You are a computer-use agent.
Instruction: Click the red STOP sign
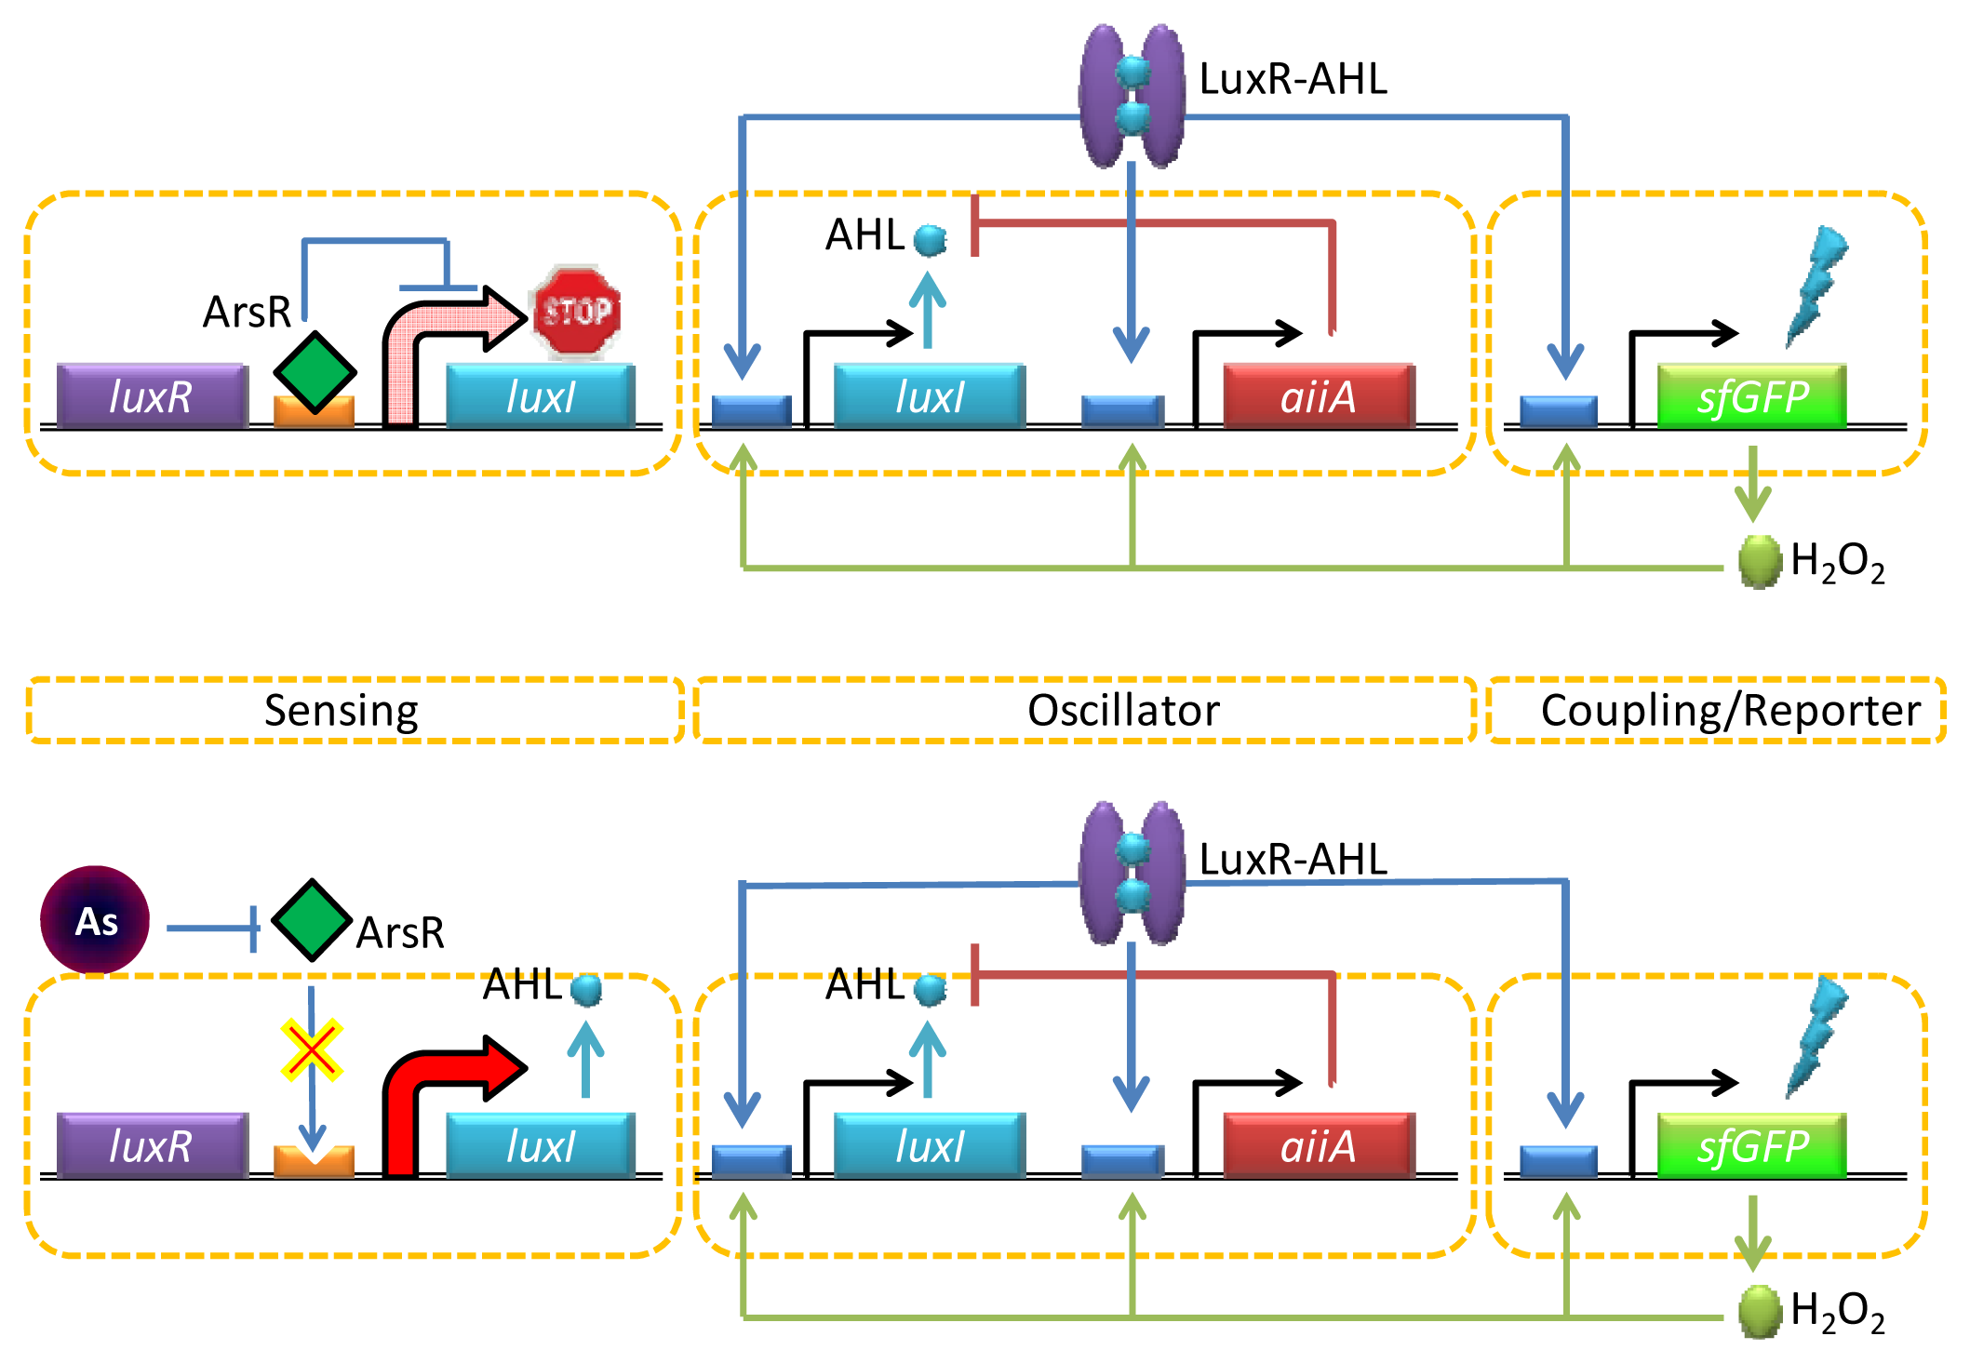pyautogui.click(x=576, y=312)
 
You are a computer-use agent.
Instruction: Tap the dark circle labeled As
pyautogui.click(x=95, y=920)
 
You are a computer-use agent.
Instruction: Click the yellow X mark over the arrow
pyautogui.click(x=312, y=1050)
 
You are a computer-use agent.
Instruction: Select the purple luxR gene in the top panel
pyautogui.click(x=152, y=396)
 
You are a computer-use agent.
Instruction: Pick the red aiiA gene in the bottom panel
pyautogui.click(x=1319, y=1145)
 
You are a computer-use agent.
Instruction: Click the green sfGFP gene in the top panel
pyautogui.click(x=1752, y=396)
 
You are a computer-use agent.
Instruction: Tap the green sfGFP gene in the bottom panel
pyautogui.click(x=1752, y=1145)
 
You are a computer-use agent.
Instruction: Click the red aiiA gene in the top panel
pyautogui.click(x=1319, y=396)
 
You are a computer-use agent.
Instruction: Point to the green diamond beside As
pyautogui.click(x=312, y=920)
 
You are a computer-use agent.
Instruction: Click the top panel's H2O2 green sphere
pyautogui.click(x=1759, y=562)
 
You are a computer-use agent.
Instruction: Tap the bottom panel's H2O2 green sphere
pyautogui.click(x=1759, y=1311)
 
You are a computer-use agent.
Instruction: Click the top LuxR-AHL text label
pyautogui.click(x=1293, y=80)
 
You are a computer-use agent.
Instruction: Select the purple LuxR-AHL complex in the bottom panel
pyautogui.click(x=1132, y=873)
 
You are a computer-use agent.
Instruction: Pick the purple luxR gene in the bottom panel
pyautogui.click(x=152, y=1145)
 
